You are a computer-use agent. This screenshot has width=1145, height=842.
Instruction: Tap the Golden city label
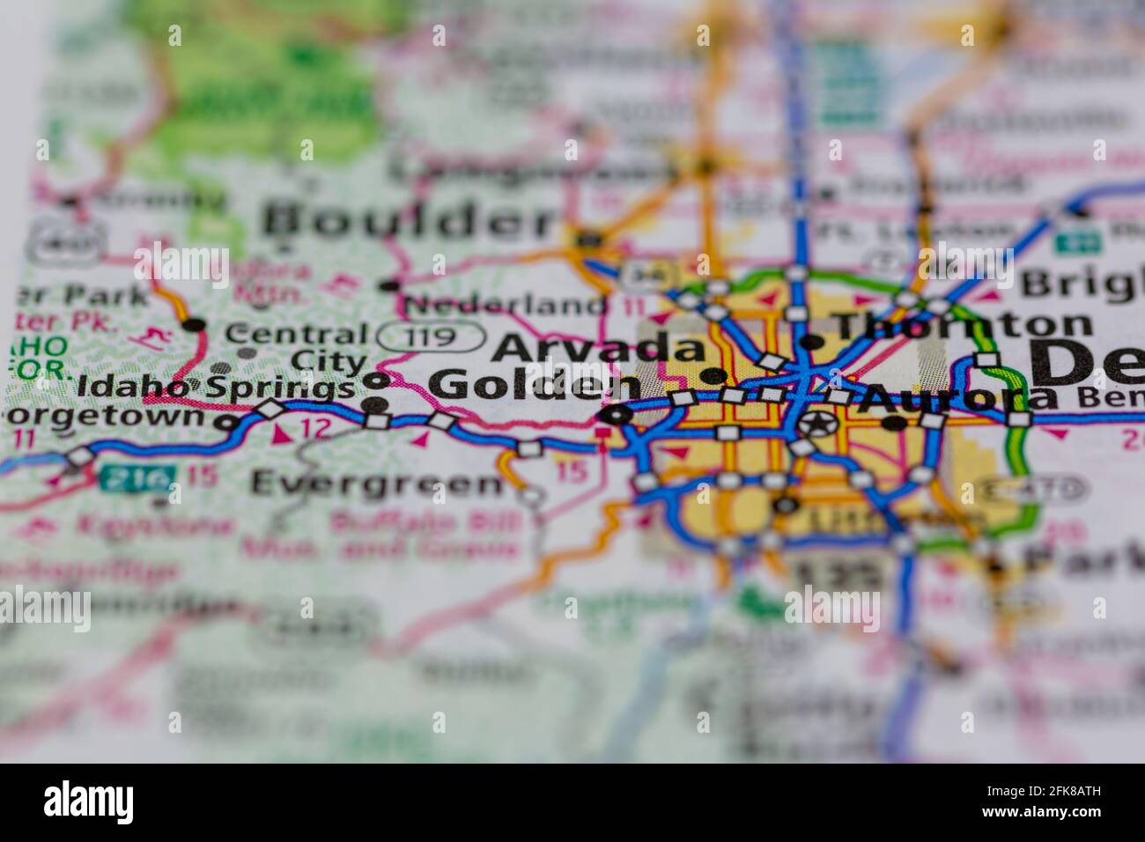[534, 386]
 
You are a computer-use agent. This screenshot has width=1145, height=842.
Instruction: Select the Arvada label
[600, 347]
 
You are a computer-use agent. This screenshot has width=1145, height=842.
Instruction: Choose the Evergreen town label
[376, 483]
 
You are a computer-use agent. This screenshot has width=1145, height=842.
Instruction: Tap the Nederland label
[507, 306]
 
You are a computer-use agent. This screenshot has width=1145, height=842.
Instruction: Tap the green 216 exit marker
[136, 478]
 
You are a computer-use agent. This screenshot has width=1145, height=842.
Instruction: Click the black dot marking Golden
[616, 415]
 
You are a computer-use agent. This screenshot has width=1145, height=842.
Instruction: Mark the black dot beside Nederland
[389, 284]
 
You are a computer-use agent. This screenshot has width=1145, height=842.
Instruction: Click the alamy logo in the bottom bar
[89, 803]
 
